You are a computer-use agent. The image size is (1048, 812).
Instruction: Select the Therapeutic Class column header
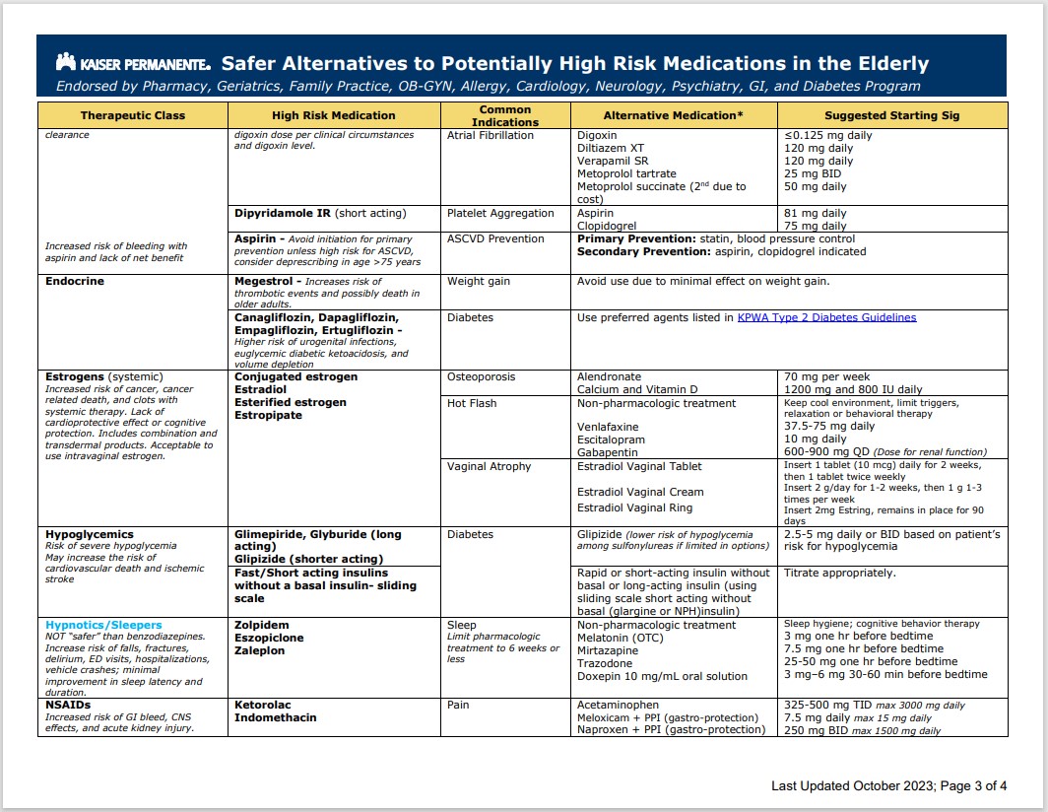pyautogui.click(x=132, y=115)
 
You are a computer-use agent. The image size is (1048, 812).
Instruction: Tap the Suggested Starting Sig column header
pyautogui.click(x=891, y=115)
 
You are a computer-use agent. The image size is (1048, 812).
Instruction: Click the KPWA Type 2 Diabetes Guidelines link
pyautogui.click(x=826, y=317)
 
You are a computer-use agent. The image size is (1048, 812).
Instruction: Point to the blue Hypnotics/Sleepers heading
pyautogui.click(x=103, y=625)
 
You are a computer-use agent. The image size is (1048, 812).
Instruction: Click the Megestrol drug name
pyautogui.click(x=262, y=281)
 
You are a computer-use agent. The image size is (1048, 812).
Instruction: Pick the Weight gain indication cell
pyautogui.click(x=479, y=281)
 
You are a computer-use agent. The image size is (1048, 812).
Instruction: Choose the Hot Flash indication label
pyautogui.click(x=472, y=403)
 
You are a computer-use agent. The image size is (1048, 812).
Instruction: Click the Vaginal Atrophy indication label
pyautogui.click(x=489, y=466)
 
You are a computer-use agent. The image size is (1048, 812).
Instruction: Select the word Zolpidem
pyautogui.click(x=261, y=625)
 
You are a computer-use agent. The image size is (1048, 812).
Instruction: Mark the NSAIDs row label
pyautogui.click(x=67, y=705)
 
